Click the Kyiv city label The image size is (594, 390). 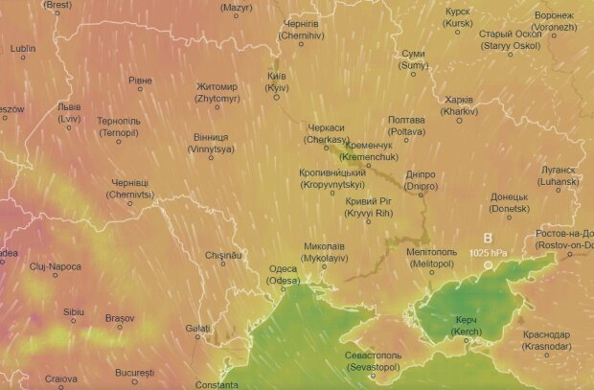tap(276, 80)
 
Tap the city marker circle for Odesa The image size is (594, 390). tap(299, 282)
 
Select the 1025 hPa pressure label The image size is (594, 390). tap(488, 252)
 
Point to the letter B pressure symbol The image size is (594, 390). tap(487, 238)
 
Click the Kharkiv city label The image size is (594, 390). tap(460, 105)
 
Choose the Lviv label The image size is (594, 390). tap(68, 112)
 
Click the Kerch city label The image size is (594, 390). tap(466, 324)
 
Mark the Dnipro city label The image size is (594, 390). tap(421, 181)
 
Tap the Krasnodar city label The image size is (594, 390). tap(547, 340)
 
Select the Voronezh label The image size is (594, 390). tap(555, 22)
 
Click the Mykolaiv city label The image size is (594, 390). tap(324, 252)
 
